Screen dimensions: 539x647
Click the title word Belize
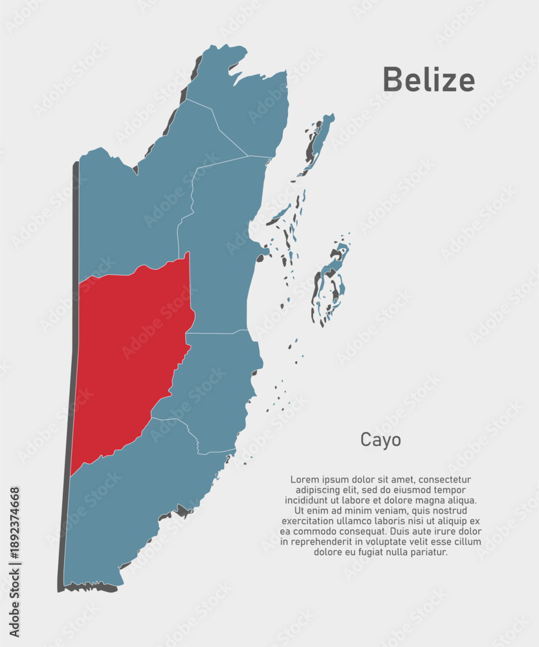pos(428,80)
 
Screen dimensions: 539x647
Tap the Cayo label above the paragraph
pos(380,440)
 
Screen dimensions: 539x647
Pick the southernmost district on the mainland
pos(136,505)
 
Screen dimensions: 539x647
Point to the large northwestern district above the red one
pos(129,207)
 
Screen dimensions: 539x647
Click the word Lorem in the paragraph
pos(305,479)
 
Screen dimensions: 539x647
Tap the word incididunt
pos(308,500)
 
